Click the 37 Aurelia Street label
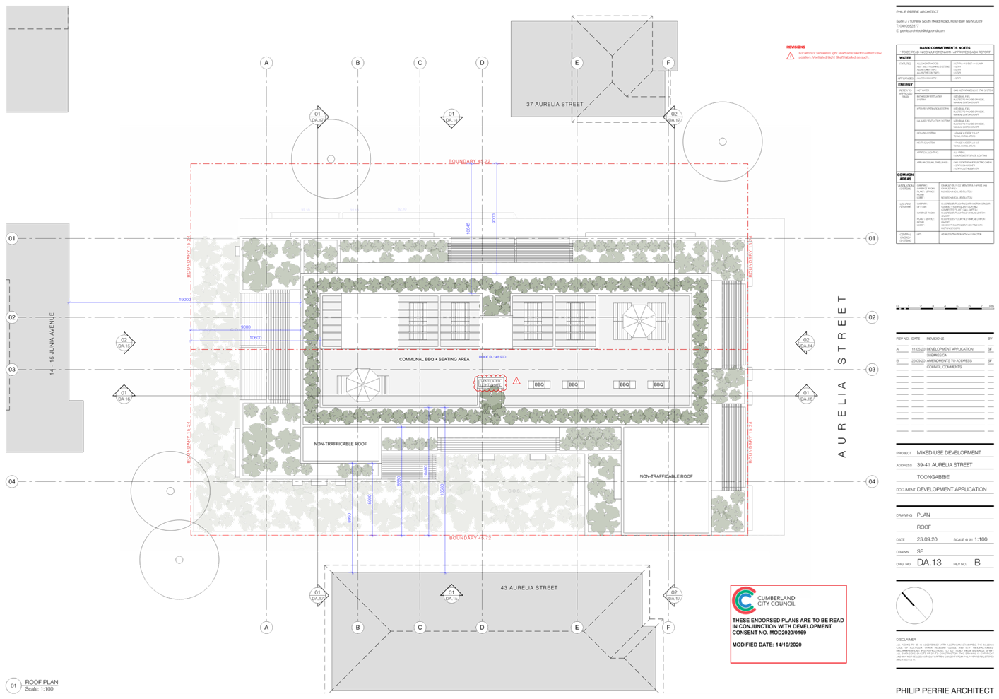point(555,104)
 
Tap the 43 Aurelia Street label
point(528,587)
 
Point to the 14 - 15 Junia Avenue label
point(52,343)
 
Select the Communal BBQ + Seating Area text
point(434,359)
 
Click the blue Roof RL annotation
point(492,357)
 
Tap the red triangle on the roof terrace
point(516,382)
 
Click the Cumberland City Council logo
point(743,601)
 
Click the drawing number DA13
point(929,563)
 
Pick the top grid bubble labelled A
point(266,63)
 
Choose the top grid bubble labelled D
point(483,63)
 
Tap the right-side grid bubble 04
point(872,481)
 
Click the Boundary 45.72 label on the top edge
point(469,161)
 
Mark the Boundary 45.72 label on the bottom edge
point(470,538)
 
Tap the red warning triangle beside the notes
point(790,56)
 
